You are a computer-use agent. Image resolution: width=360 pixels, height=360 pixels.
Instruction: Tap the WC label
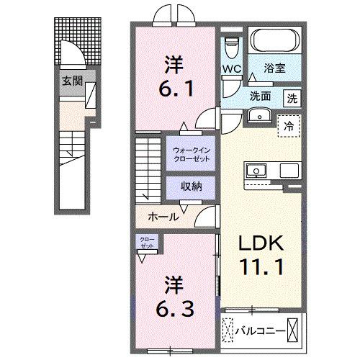click(x=230, y=70)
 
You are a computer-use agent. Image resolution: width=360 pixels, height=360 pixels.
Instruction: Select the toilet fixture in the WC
click(x=231, y=48)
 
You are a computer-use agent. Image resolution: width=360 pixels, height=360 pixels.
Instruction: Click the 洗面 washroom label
click(x=261, y=95)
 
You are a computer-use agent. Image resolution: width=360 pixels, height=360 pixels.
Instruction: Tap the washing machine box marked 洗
click(x=292, y=95)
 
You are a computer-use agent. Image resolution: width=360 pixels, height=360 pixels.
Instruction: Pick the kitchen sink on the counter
click(x=257, y=171)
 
